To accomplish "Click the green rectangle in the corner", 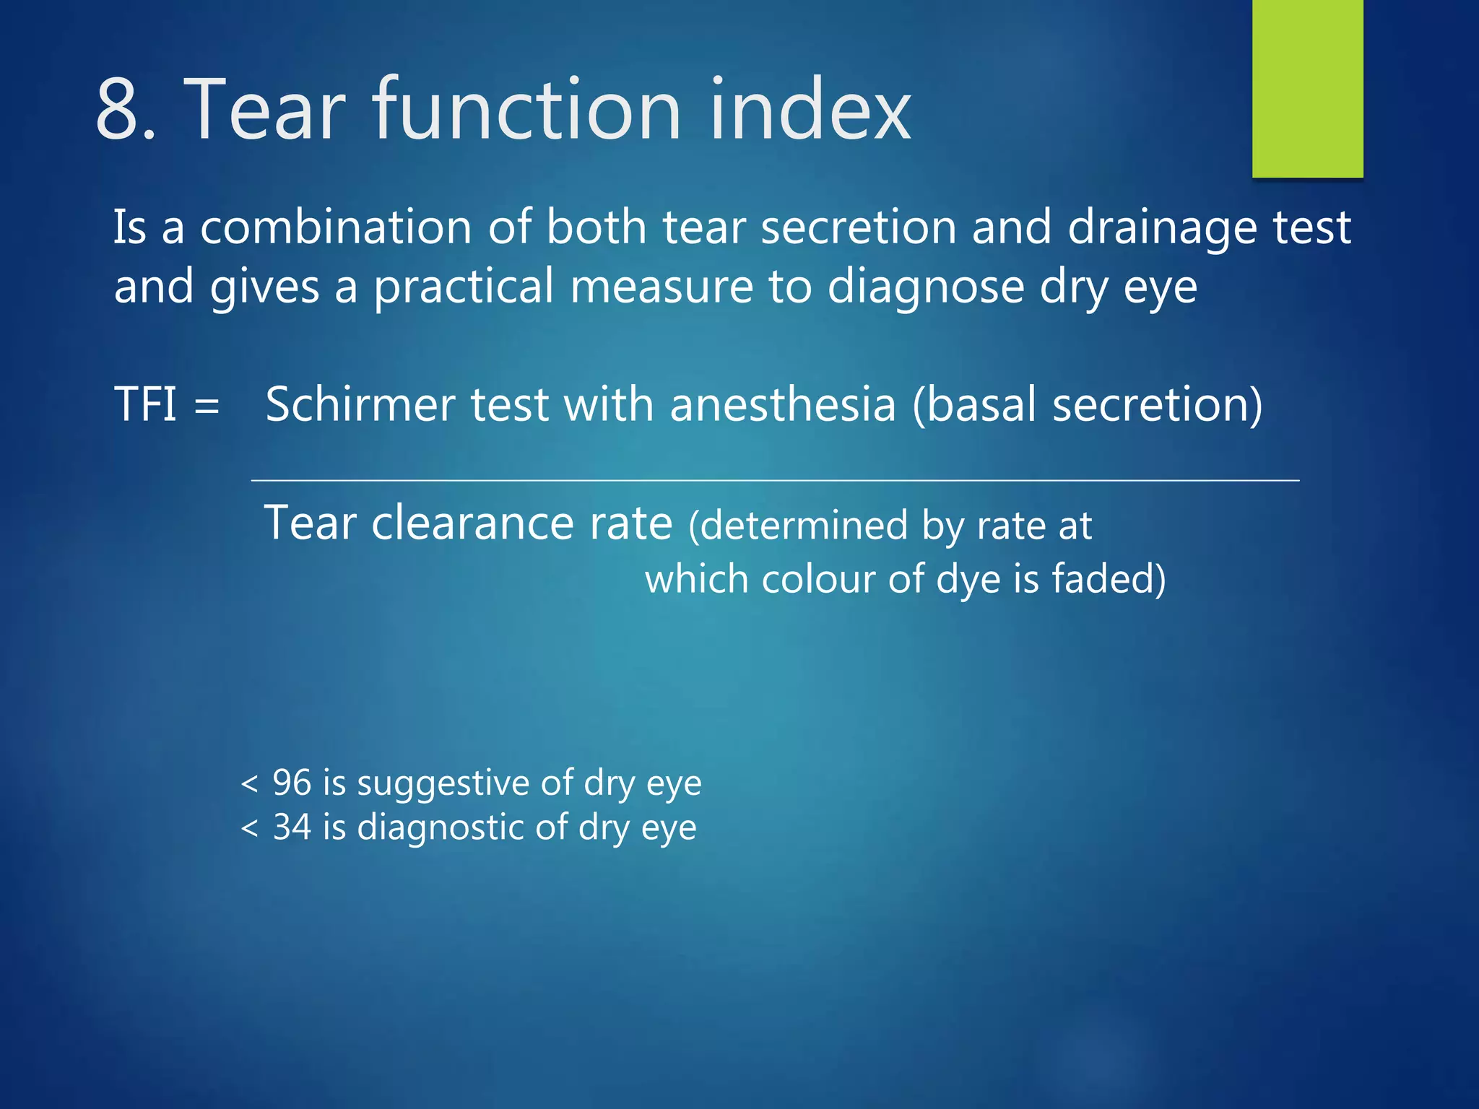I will [1307, 88].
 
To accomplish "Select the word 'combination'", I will [336, 227].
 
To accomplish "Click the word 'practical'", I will [464, 287].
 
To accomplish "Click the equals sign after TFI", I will [207, 406].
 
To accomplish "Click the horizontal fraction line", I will [774, 480].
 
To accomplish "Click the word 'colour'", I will [818, 579].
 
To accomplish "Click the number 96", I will [292, 783].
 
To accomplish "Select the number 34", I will [292, 827].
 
